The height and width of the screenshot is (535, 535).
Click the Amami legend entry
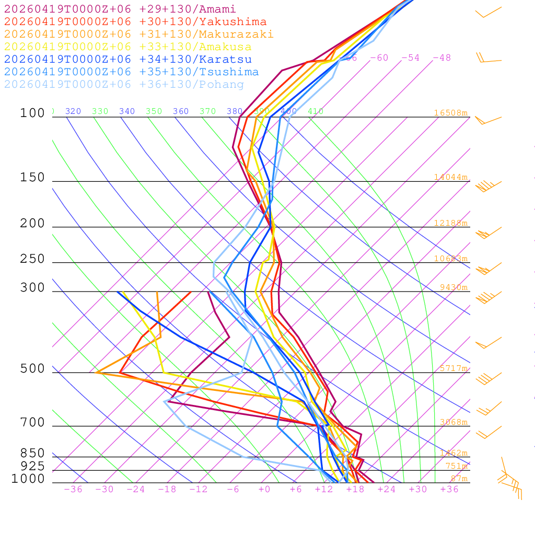(120, 9)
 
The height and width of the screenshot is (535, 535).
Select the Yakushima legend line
(135, 22)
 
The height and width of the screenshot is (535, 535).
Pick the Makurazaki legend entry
(138, 34)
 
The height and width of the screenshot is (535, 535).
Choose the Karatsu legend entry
(127, 60)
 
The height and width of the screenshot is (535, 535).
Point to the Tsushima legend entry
(131, 72)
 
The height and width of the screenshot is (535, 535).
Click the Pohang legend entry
(124, 85)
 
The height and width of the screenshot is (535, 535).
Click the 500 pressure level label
(32, 369)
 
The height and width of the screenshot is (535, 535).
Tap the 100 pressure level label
(32, 113)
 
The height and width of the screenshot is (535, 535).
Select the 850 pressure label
(32, 453)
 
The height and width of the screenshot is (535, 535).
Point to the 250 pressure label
(32, 259)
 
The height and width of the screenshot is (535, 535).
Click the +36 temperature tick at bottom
(449, 490)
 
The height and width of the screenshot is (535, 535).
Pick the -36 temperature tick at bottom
(73, 490)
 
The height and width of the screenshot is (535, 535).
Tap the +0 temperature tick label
(264, 490)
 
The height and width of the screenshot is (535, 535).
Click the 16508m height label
(450, 113)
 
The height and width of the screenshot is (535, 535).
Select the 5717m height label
(453, 368)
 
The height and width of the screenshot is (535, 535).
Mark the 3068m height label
(453, 422)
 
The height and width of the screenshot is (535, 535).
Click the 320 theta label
(73, 111)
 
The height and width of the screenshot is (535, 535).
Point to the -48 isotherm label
(442, 58)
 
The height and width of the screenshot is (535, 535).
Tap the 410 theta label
(316, 111)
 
